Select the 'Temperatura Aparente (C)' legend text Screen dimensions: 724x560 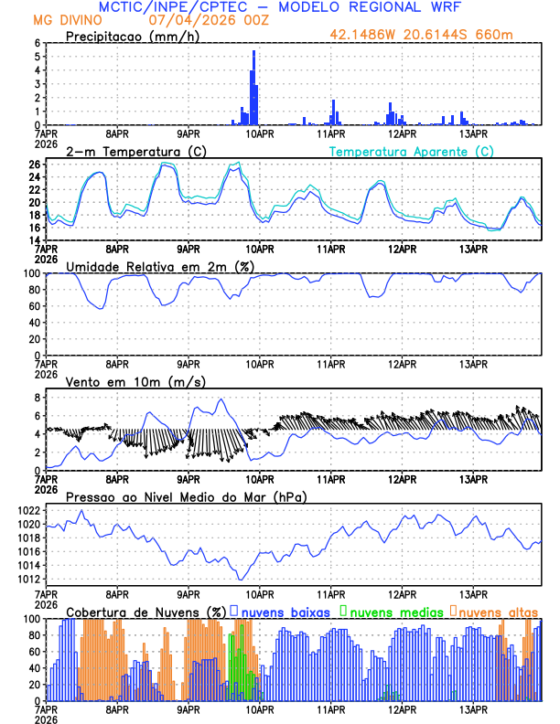click(x=411, y=151)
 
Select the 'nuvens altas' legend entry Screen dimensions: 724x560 click(x=499, y=611)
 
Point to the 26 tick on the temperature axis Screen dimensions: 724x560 click(x=34, y=165)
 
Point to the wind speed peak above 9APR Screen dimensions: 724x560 click(x=220, y=399)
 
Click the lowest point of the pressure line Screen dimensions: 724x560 click(x=241, y=579)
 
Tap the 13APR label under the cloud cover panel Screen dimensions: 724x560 click(x=473, y=708)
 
